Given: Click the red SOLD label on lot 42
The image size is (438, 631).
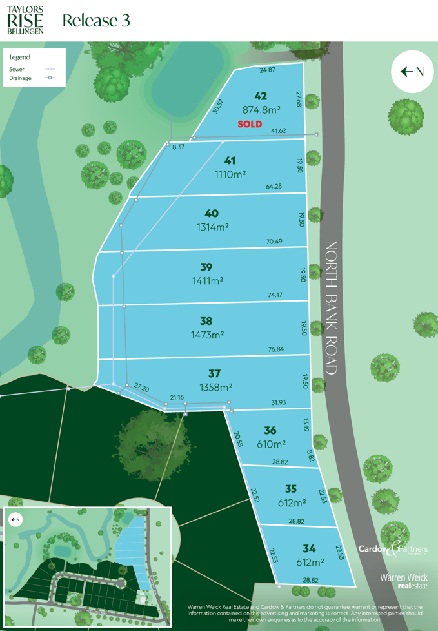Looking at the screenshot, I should click(250, 124).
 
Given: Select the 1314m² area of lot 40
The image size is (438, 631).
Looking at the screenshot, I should click(213, 227).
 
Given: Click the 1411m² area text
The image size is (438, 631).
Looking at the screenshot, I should click(208, 281).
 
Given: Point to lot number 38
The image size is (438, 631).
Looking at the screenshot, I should click(206, 321).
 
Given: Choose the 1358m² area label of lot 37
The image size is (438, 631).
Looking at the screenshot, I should click(215, 388).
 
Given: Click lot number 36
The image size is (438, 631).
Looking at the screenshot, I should click(270, 431).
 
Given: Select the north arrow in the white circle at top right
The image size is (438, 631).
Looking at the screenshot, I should click(412, 72).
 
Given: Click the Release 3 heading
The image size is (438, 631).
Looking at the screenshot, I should click(96, 20).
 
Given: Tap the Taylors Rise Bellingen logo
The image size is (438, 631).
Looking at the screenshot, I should click(26, 19).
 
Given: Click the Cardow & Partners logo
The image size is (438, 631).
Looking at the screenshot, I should click(393, 549).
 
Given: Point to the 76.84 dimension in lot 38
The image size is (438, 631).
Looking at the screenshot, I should click(275, 349).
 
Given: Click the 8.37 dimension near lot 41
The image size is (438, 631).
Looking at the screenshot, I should click(179, 147).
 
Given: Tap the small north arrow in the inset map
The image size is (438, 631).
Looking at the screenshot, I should click(14, 519).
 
